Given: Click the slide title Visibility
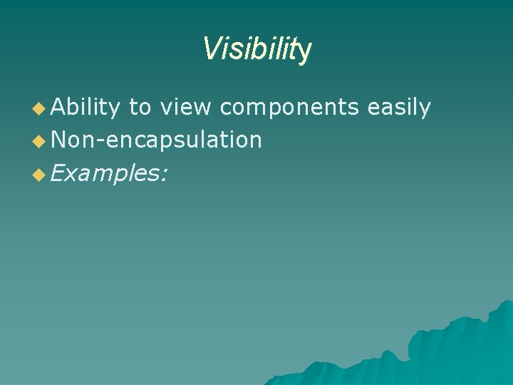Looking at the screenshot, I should [x=256, y=49].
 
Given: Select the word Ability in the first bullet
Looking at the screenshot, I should [x=85, y=108].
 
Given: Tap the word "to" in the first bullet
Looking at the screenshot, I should [x=140, y=108].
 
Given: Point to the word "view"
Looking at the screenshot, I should [x=185, y=108].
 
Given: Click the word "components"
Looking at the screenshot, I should [x=289, y=108].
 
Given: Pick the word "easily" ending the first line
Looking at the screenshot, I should [x=399, y=108].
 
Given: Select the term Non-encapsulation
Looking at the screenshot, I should [x=156, y=140].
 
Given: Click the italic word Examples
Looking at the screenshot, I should [x=107, y=172].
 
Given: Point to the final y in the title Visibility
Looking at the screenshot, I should [x=305, y=51].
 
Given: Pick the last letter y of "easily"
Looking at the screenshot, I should [x=425, y=111].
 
